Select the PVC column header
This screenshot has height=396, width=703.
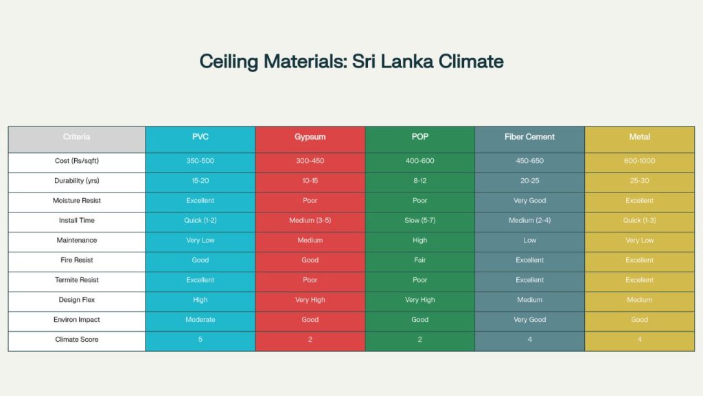click(200, 137)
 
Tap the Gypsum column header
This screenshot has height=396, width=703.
click(310, 137)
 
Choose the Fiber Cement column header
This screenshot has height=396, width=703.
click(529, 137)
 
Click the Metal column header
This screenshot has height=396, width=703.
click(639, 137)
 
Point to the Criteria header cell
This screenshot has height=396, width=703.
click(77, 137)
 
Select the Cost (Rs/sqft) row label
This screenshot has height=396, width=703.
click(77, 161)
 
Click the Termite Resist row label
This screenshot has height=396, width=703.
click(77, 280)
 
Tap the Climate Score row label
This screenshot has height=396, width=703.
click(77, 340)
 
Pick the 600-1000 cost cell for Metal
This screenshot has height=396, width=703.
click(639, 161)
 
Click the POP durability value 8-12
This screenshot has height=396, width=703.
click(419, 181)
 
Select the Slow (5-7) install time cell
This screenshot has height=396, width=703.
click(419, 221)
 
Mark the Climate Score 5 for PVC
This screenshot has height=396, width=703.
click(200, 340)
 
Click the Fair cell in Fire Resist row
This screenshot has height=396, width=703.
click(419, 260)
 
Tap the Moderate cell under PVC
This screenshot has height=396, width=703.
click(200, 320)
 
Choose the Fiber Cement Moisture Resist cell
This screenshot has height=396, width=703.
click(529, 201)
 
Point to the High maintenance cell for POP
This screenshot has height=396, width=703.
click(419, 241)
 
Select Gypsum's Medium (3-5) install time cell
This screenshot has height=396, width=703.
click(310, 221)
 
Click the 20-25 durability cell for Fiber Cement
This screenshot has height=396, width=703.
click(529, 181)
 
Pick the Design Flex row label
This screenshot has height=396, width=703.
click(77, 300)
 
